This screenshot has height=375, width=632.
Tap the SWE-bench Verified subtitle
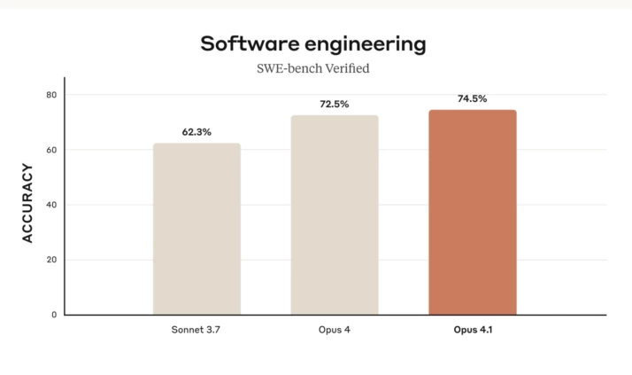coord(312,68)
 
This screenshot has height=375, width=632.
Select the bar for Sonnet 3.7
coord(197,229)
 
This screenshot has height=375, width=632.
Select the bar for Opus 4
coord(335,215)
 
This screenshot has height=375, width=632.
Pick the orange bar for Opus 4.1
coord(472,212)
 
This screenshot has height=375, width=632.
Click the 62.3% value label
coord(197,132)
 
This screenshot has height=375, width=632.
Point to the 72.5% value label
coord(335,104)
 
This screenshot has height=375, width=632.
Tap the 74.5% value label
coord(472,98)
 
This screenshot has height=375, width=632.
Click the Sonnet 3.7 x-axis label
coord(197,331)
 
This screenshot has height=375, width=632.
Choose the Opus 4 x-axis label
coord(335,331)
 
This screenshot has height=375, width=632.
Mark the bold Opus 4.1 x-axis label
coord(472,331)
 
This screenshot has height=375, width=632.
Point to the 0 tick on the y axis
coord(53,315)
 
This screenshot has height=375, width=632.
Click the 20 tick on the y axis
coord(50,260)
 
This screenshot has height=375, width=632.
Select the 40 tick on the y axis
coord(50,205)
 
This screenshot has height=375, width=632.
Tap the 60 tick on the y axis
coord(50,150)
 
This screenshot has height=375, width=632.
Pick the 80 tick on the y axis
coord(50,95)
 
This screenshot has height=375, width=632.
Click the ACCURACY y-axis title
coord(27,203)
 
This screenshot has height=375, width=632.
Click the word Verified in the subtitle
coord(347,68)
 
